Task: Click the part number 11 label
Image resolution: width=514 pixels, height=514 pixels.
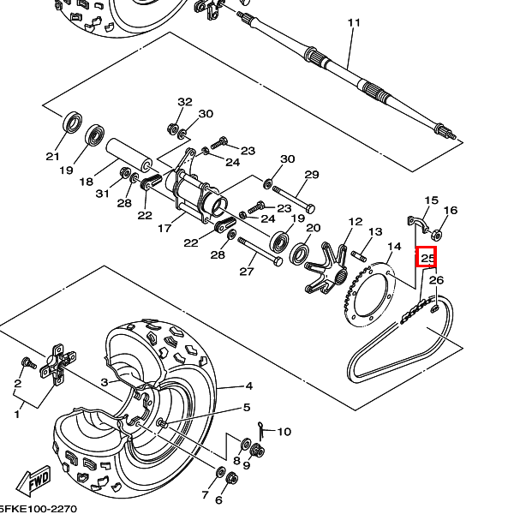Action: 350,22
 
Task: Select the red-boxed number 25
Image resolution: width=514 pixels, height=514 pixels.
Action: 427,256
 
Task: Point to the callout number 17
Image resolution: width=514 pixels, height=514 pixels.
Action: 164,229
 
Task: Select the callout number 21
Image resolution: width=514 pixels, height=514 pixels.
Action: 53,157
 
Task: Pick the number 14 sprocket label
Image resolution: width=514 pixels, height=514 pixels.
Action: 394,247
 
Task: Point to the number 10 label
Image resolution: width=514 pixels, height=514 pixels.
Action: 284,432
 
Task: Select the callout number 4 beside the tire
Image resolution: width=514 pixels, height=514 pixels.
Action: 248,385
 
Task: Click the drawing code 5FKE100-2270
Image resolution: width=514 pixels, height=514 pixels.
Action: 34,508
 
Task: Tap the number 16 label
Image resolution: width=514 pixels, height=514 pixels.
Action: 451,211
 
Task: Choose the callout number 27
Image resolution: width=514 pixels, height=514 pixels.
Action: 247,272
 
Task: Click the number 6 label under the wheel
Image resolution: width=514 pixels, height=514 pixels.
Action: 218,500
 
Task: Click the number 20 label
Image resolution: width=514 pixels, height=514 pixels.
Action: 314,228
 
